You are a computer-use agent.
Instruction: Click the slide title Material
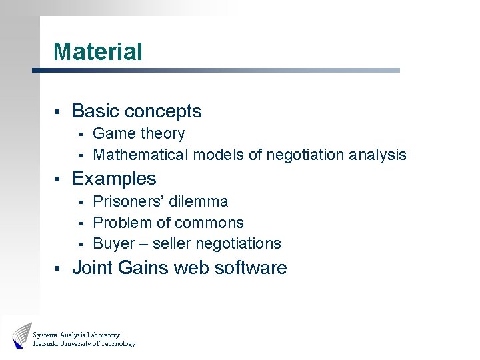(98, 52)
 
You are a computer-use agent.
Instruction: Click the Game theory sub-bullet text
(139, 134)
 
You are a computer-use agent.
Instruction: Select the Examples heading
(114, 179)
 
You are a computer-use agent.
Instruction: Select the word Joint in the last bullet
(91, 268)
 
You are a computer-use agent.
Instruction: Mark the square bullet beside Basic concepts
(58, 111)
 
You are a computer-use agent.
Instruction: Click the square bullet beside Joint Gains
(58, 269)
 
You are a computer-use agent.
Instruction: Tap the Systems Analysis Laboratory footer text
(76, 335)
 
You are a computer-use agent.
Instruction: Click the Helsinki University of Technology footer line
(84, 344)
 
